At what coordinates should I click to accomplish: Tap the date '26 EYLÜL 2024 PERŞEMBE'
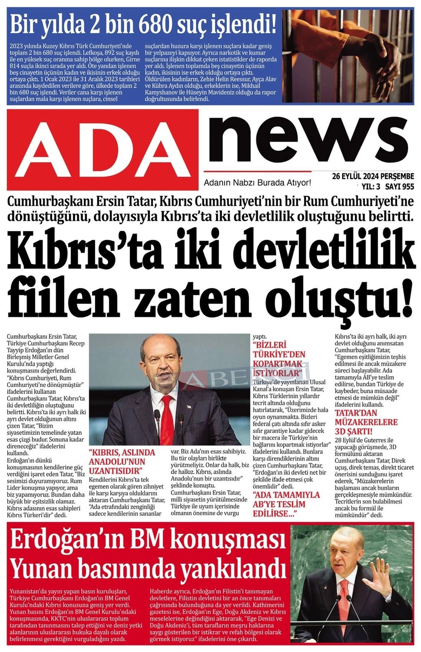click(373, 176)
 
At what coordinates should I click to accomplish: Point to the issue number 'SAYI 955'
click(400, 187)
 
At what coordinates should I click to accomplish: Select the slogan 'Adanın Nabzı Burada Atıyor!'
click(257, 183)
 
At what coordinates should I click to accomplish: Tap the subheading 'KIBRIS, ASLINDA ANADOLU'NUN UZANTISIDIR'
click(122, 461)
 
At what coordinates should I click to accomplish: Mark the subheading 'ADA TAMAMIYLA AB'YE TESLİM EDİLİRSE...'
click(286, 504)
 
